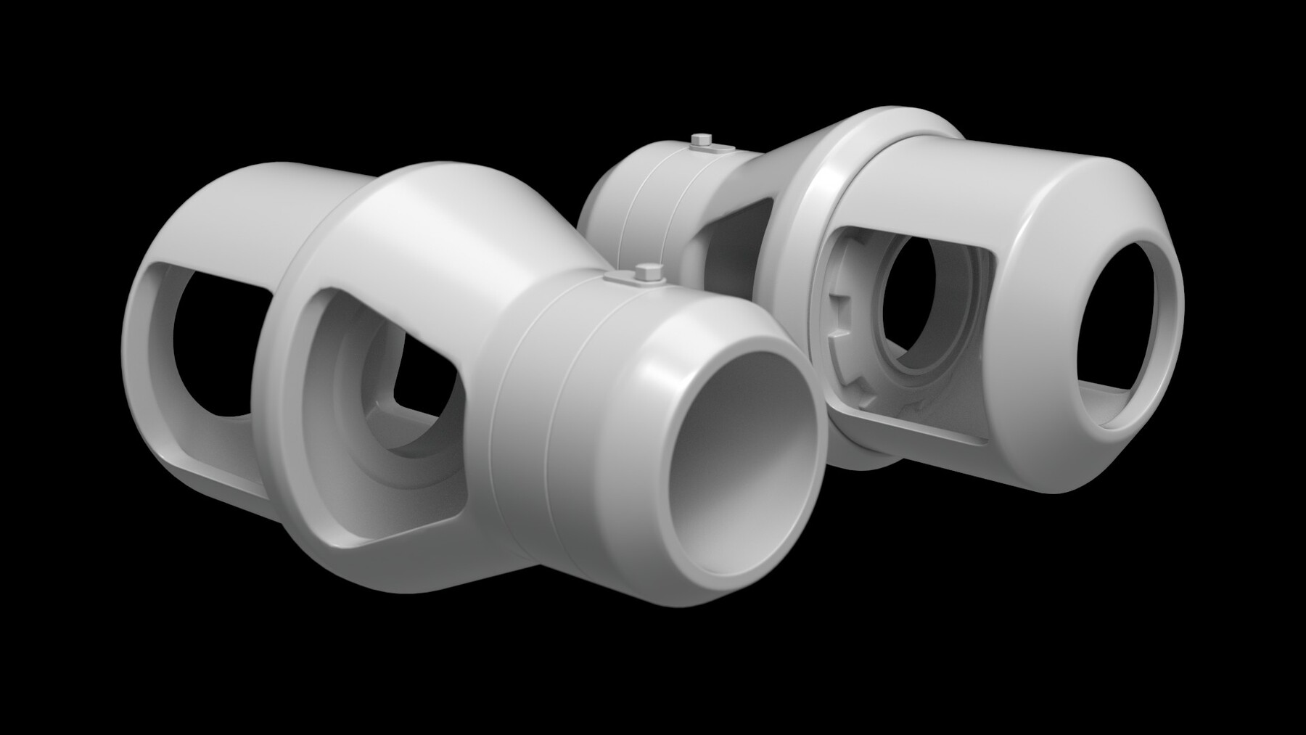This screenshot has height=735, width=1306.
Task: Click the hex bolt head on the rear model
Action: point(700,139)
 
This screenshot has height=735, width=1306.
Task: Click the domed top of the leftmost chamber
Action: point(247,196)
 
